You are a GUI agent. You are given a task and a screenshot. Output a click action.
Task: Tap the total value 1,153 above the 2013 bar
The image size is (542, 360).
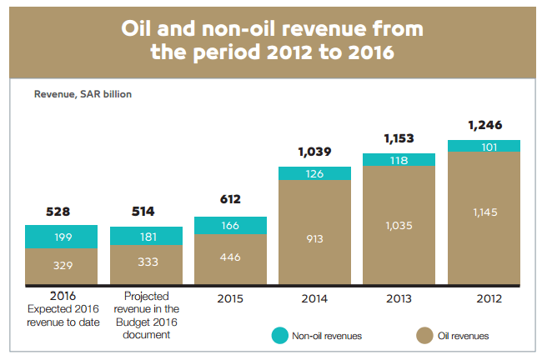(x=399, y=137)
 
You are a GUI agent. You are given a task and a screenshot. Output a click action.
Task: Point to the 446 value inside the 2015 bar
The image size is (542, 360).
(x=230, y=257)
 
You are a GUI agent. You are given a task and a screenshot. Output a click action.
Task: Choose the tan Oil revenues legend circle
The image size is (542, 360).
(x=424, y=336)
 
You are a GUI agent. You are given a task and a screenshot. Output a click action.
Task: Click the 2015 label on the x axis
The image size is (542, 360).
(x=230, y=297)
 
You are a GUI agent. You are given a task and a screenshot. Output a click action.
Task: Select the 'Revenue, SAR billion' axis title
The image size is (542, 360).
(x=83, y=94)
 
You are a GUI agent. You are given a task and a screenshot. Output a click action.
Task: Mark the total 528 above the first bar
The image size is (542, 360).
(x=62, y=211)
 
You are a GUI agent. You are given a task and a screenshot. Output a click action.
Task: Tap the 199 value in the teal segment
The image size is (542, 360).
(x=62, y=237)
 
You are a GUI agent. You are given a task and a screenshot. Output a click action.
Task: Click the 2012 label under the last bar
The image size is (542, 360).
(x=484, y=297)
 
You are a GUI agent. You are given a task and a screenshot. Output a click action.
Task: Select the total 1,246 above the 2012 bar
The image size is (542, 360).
(x=484, y=125)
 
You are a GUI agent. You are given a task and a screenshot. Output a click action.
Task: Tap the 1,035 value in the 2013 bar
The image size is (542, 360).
(x=399, y=224)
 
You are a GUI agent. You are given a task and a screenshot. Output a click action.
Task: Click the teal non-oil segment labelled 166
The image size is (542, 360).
(x=230, y=226)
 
